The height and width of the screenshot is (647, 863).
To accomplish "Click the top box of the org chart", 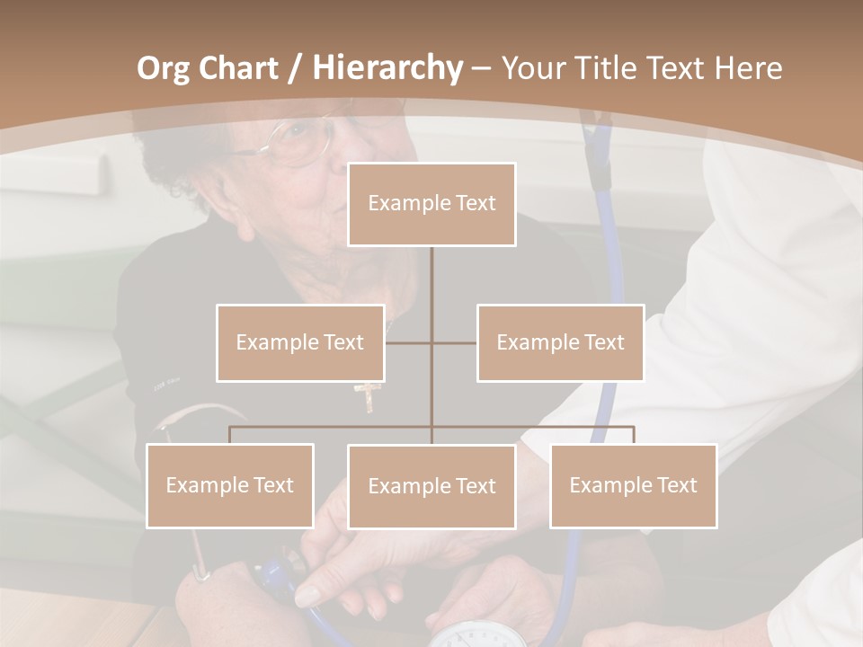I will pyautogui.click(x=431, y=204).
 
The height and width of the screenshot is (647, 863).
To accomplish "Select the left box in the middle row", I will pyautogui.click(x=300, y=342).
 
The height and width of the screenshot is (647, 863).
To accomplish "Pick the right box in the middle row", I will pyautogui.click(x=560, y=342).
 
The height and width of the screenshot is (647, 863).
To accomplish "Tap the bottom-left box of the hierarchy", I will pyautogui.click(x=230, y=485).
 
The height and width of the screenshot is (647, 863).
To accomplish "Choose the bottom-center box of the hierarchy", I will pyautogui.click(x=431, y=486).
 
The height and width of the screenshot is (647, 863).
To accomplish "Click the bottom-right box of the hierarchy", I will pyautogui.click(x=633, y=485).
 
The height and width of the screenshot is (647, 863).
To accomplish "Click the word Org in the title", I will pyautogui.click(x=163, y=68).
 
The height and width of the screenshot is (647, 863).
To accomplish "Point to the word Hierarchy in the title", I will pyautogui.click(x=387, y=68).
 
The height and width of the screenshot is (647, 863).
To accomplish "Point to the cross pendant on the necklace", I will pyautogui.click(x=369, y=396).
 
